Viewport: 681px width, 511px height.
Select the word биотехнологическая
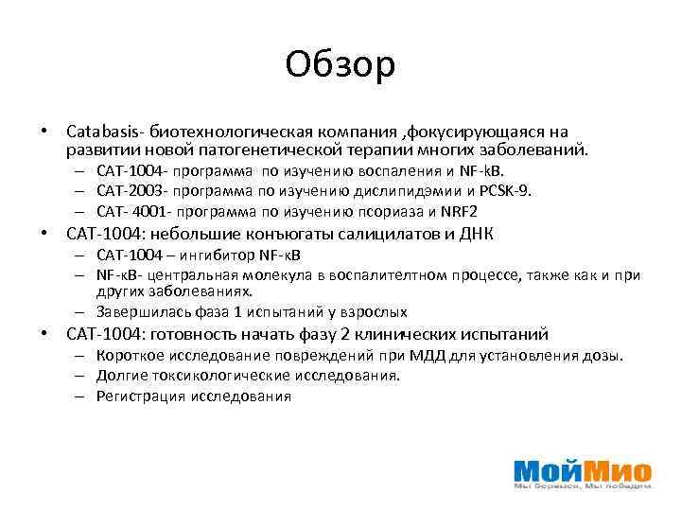(x=221, y=132)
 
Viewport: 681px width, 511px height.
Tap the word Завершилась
(x=138, y=311)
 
